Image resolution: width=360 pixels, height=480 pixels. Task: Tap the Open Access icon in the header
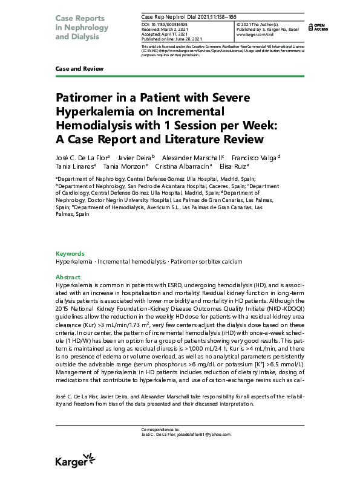(x=319, y=27)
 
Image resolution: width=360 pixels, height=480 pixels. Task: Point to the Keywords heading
(x=70, y=254)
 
